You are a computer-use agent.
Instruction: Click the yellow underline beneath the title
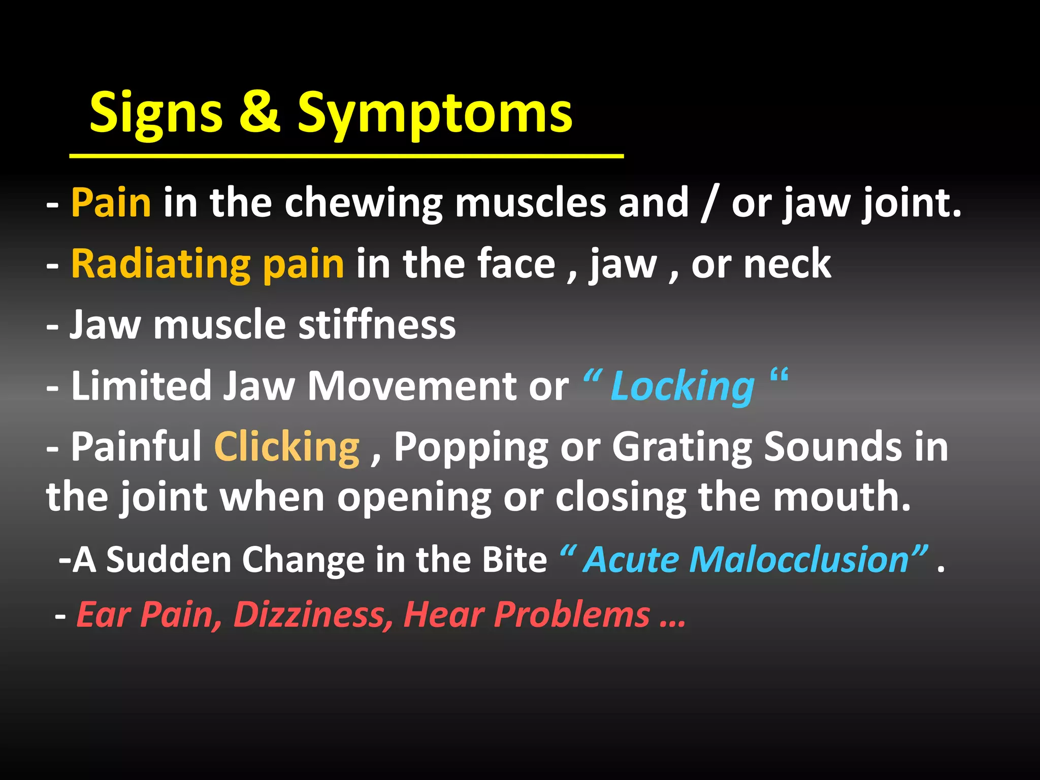click(x=346, y=156)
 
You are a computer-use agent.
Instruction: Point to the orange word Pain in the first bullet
click(x=111, y=203)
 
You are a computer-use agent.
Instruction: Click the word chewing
click(x=363, y=204)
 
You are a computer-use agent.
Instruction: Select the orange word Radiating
click(x=160, y=265)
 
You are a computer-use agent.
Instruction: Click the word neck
click(x=787, y=264)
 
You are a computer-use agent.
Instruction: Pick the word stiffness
click(x=377, y=325)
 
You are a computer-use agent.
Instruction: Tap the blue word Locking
click(x=682, y=387)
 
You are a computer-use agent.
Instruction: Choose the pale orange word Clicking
click(x=287, y=447)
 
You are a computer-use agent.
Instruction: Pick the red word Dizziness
click(x=312, y=614)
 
